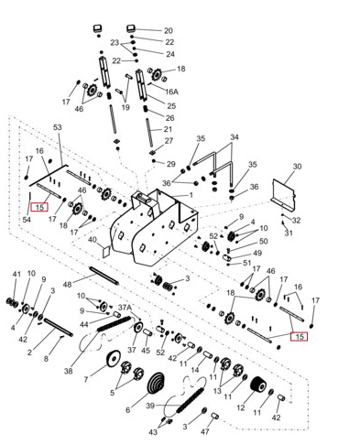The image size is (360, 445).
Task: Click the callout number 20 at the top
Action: (169, 30)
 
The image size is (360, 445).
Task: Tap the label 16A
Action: (171, 92)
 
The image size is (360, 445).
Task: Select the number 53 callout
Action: (58, 127)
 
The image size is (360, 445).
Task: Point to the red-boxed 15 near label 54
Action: (39, 208)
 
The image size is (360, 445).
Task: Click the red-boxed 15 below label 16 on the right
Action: (299, 337)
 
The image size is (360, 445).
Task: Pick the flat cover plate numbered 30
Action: (283, 194)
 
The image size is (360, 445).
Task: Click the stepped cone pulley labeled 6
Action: (158, 386)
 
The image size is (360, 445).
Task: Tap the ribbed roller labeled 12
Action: (258, 386)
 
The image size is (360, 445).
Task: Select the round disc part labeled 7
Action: (113, 358)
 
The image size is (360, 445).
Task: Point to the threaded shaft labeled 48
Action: (104, 276)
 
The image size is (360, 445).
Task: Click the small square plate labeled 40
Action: (106, 251)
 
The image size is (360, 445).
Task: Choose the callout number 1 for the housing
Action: (191, 195)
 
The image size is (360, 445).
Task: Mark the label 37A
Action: (125, 308)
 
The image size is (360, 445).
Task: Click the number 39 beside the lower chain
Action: (150, 406)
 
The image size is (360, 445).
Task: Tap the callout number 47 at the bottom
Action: (204, 431)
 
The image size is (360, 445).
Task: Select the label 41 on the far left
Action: (16, 274)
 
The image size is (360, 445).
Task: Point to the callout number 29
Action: (171, 164)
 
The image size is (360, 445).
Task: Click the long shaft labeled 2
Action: (58, 327)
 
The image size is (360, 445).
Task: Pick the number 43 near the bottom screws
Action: (153, 432)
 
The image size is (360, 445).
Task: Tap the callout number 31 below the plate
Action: (289, 233)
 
